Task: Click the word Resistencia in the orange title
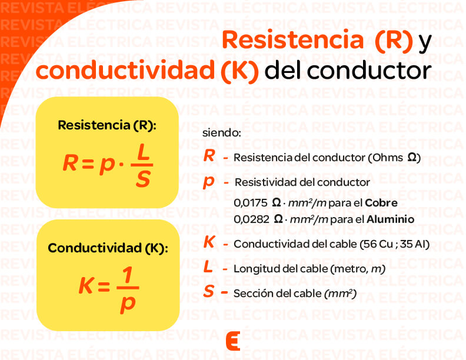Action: tap(292, 40)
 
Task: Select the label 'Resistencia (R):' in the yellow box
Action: tap(107, 125)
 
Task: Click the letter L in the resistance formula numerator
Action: tap(142, 152)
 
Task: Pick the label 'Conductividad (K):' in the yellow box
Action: tap(108, 248)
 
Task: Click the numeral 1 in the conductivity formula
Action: tap(127, 275)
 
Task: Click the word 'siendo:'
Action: tap(221, 132)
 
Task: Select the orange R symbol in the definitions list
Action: tap(209, 156)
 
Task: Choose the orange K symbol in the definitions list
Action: tap(209, 242)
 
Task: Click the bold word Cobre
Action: tap(381, 203)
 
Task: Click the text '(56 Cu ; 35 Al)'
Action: tap(394, 244)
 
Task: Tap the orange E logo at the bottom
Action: tap(233, 341)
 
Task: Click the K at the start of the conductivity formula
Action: tap(86, 286)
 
